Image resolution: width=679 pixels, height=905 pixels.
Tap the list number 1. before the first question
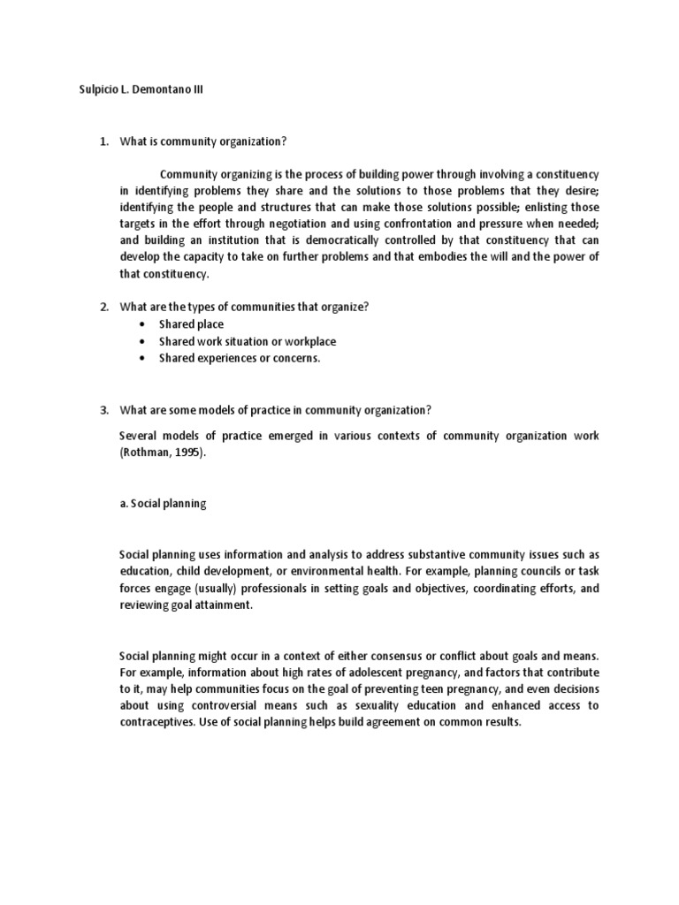(x=103, y=142)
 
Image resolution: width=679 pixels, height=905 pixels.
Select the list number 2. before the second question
(x=103, y=307)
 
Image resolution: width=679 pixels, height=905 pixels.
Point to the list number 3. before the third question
(x=103, y=409)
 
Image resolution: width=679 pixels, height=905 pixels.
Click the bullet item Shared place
(x=191, y=324)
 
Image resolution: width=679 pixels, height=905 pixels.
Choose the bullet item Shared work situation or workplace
(x=248, y=341)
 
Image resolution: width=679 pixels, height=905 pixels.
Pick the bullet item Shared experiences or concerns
(x=240, y=358)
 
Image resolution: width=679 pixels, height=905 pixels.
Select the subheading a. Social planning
(x=163, y=504)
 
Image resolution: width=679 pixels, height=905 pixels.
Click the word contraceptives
(x=160, y=722)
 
